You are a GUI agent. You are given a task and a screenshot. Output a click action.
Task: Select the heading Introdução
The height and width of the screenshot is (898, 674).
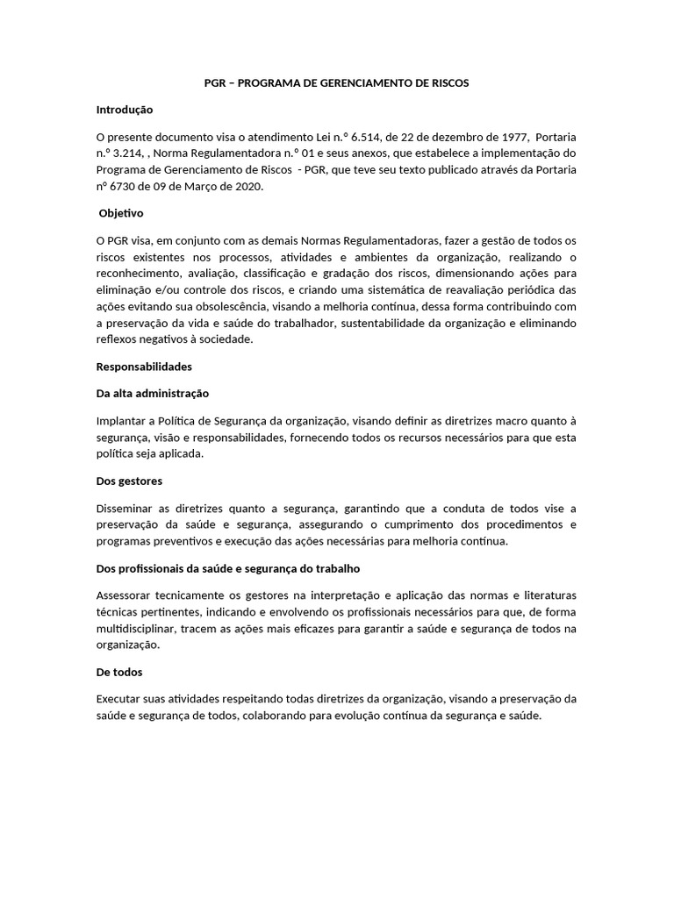click(125, 110)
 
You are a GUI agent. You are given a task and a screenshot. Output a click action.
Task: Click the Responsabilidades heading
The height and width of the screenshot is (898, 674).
click(144, 366)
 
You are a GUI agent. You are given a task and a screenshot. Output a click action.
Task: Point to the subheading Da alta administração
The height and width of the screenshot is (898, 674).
click(152, 393)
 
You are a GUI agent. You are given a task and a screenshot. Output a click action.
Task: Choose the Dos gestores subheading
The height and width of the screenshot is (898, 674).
click(129, 481)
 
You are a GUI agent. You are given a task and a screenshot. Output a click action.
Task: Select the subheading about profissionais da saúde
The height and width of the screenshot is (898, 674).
click(227, 568)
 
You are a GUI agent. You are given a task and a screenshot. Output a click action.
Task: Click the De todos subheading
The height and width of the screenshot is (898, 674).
click(119, 672)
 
